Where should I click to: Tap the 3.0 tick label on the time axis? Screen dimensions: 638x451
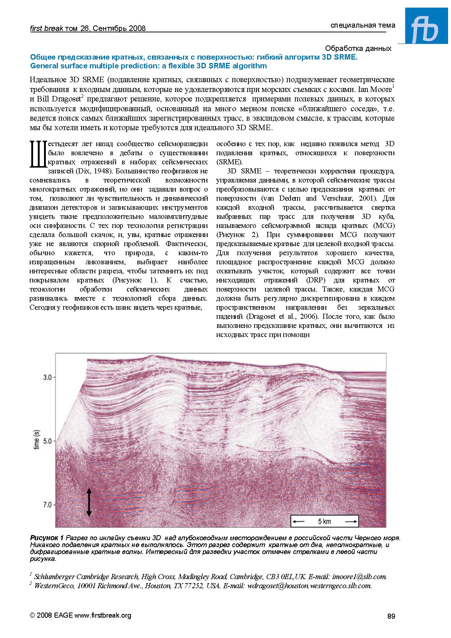(47, 377)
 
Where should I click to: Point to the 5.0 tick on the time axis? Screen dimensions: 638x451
(47, 441)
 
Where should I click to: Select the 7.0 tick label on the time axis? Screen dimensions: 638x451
(47, 505)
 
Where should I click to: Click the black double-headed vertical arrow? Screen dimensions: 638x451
(89, 502)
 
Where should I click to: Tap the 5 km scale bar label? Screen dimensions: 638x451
(324, 521)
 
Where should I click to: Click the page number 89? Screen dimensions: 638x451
(391, 616)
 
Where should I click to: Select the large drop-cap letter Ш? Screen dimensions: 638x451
(38, 155)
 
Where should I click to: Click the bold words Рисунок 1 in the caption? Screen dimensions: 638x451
(47, 538)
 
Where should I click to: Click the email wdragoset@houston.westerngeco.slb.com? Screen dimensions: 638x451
(309, 586)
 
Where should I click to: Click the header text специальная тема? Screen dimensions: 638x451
(363, 25)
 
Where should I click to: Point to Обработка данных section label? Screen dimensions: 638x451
(358, 48)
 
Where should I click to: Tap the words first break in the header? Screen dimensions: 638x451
(47, 28)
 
